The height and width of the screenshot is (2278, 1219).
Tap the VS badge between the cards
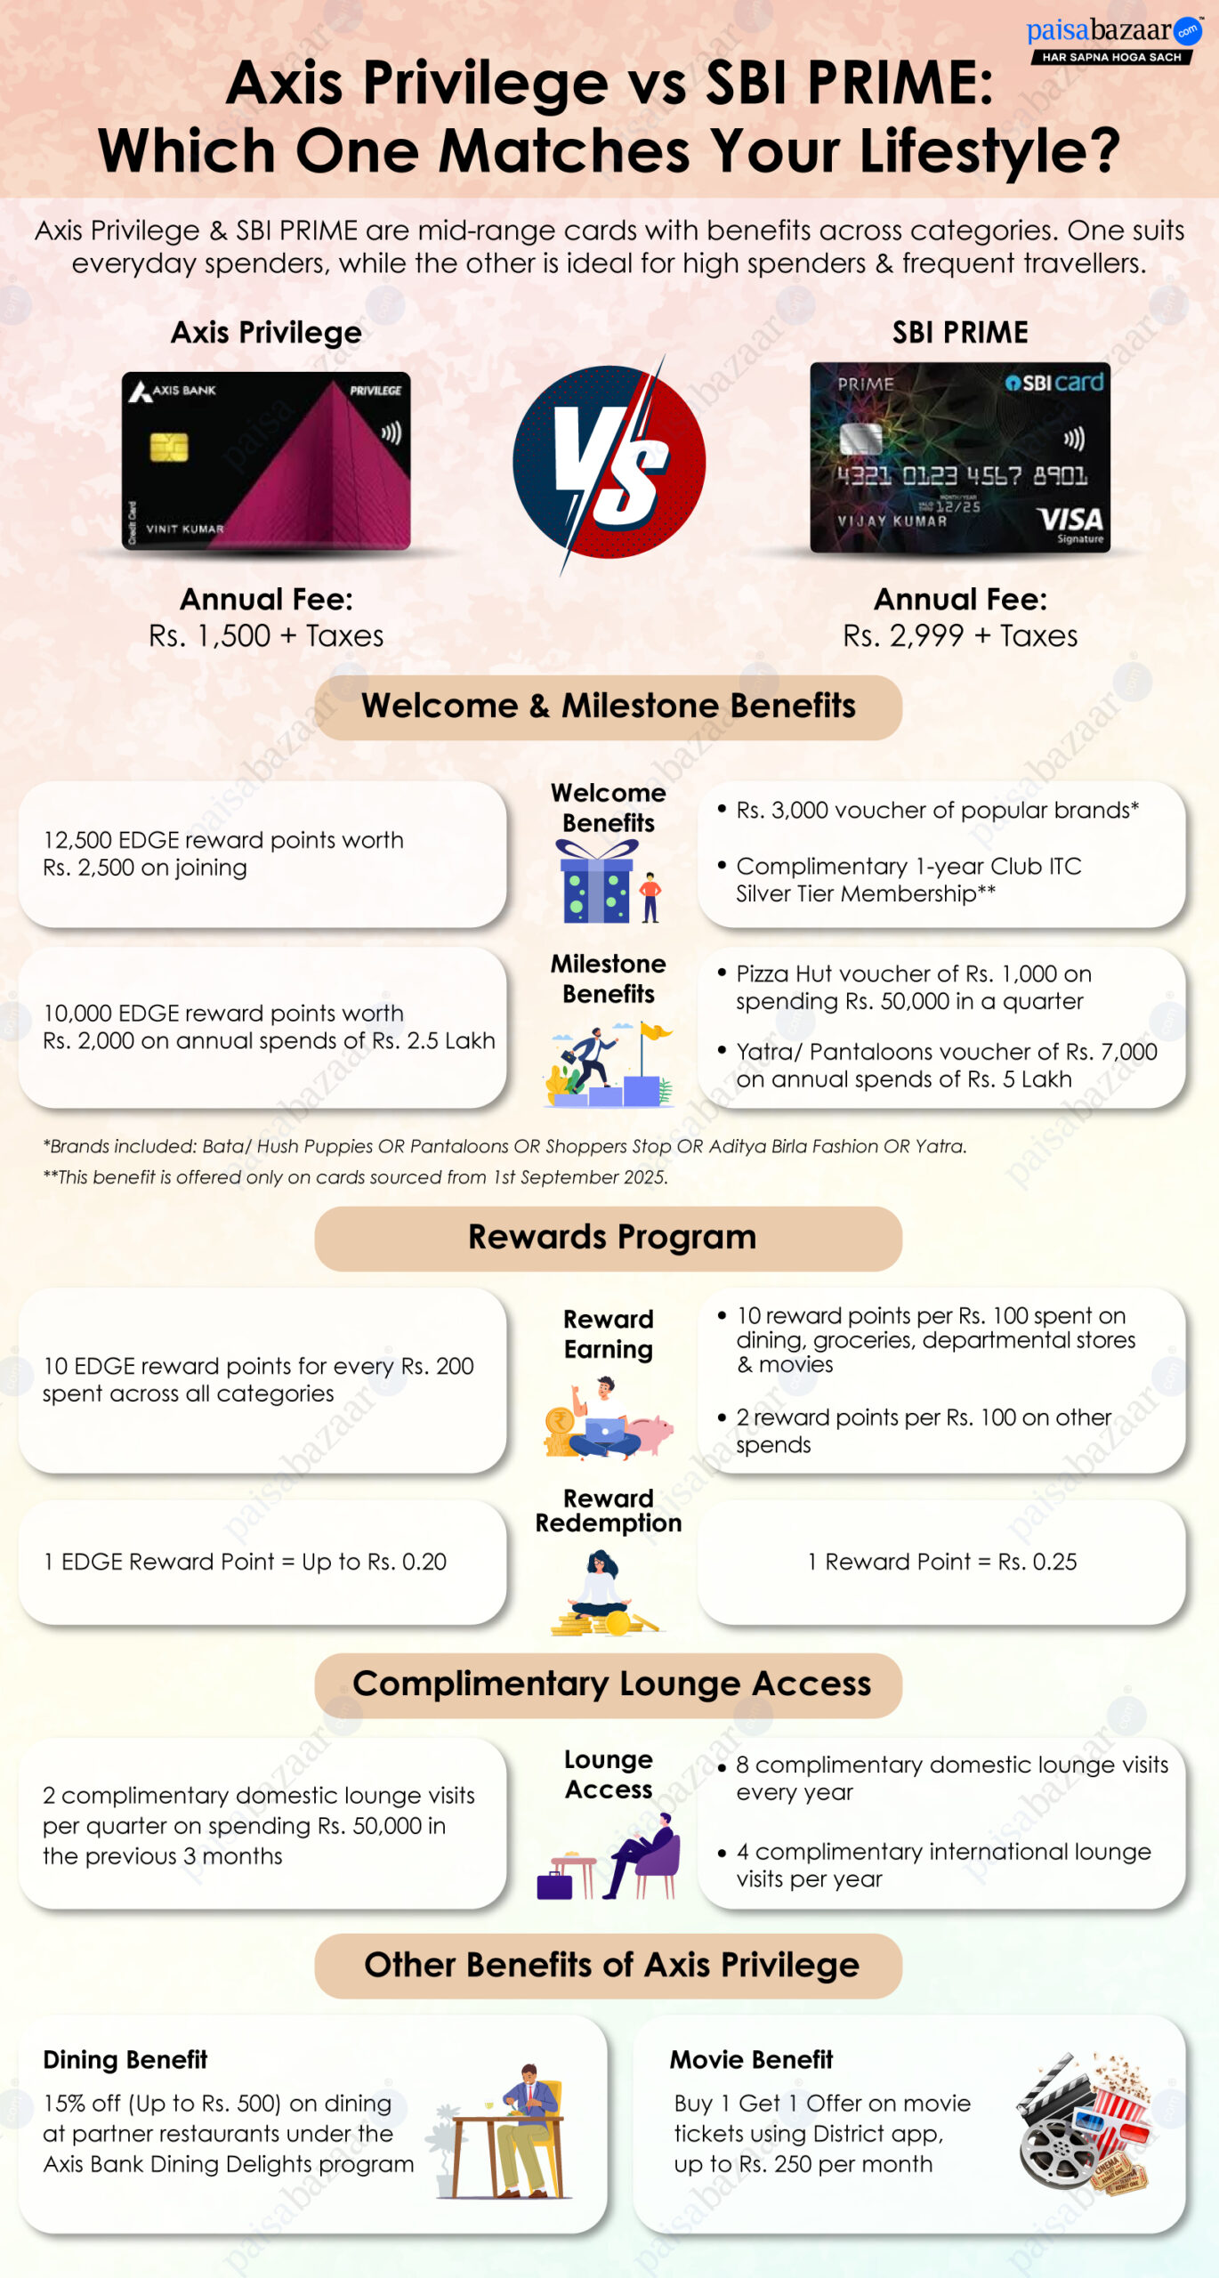[x=609, y=463]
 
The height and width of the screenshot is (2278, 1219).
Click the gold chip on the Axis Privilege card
[x=168, y=447]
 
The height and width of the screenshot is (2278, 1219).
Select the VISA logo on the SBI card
[x=1071, y=520]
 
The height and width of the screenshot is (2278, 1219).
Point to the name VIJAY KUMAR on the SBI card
[x=892, y=521]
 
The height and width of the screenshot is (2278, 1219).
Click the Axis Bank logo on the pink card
[x=173, y=391]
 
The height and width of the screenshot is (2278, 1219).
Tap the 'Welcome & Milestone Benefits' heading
[x=609, y=707]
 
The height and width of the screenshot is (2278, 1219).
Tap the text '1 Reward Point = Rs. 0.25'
[x=941, y=1562]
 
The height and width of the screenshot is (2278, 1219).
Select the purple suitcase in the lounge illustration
[x=554, y=1885]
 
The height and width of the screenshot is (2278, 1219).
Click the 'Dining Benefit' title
[x=125, y=2060]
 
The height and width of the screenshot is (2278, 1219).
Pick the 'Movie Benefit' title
[x=751, y=2060]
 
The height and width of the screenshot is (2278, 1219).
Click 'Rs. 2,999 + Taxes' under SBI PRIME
[x=960, y=636]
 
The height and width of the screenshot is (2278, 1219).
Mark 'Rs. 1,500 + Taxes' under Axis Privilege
[x=266, y=636]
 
